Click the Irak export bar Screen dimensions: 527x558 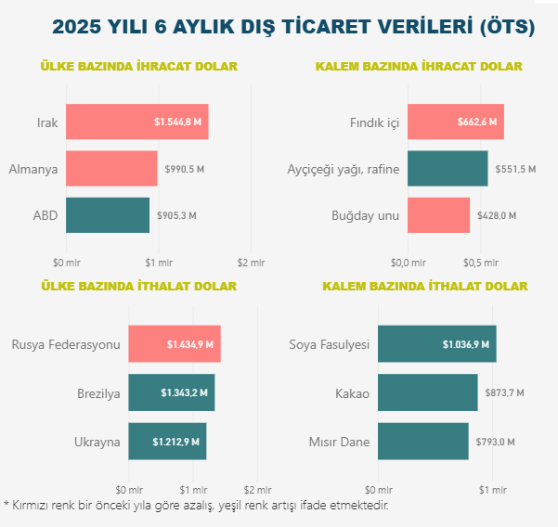pyautogui.click(x=136, y=122)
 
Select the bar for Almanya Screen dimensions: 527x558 pyautogui.click(x=111, y=169)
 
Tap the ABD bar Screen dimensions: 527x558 pyautogui.click(x=108, y=215)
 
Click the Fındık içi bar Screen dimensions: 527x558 pyautogui.click(x=455, y=122)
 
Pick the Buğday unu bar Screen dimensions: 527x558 pyautogui.click(x=438, y=215)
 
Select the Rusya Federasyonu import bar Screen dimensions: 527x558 pyautogui.click(x=174, y=344)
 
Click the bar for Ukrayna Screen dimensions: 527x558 pyautogui.click(x=167, y=441)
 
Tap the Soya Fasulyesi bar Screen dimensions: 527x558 pyautogui.click(x=436, y=344)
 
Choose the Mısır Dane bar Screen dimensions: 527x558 pyautogui.click(x=422, y=441)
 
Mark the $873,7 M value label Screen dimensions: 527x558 pyautogui.click(x=504, y=393)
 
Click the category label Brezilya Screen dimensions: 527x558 pyautogui.click(x=98, y=393)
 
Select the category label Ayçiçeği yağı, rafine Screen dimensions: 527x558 pyautogui.click(x=343, y=169)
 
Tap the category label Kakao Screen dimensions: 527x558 pyautogui.click(x=352, y=393)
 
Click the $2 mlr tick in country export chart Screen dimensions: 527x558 pyautogui.click(x=251, y=262)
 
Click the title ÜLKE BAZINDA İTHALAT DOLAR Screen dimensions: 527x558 pyautogui.click(x=138, y=286)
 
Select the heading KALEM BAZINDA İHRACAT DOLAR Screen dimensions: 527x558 pyautogui.click(x=419, y=66)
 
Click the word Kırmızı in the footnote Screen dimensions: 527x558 pyautogui.click(x=31, y=506)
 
